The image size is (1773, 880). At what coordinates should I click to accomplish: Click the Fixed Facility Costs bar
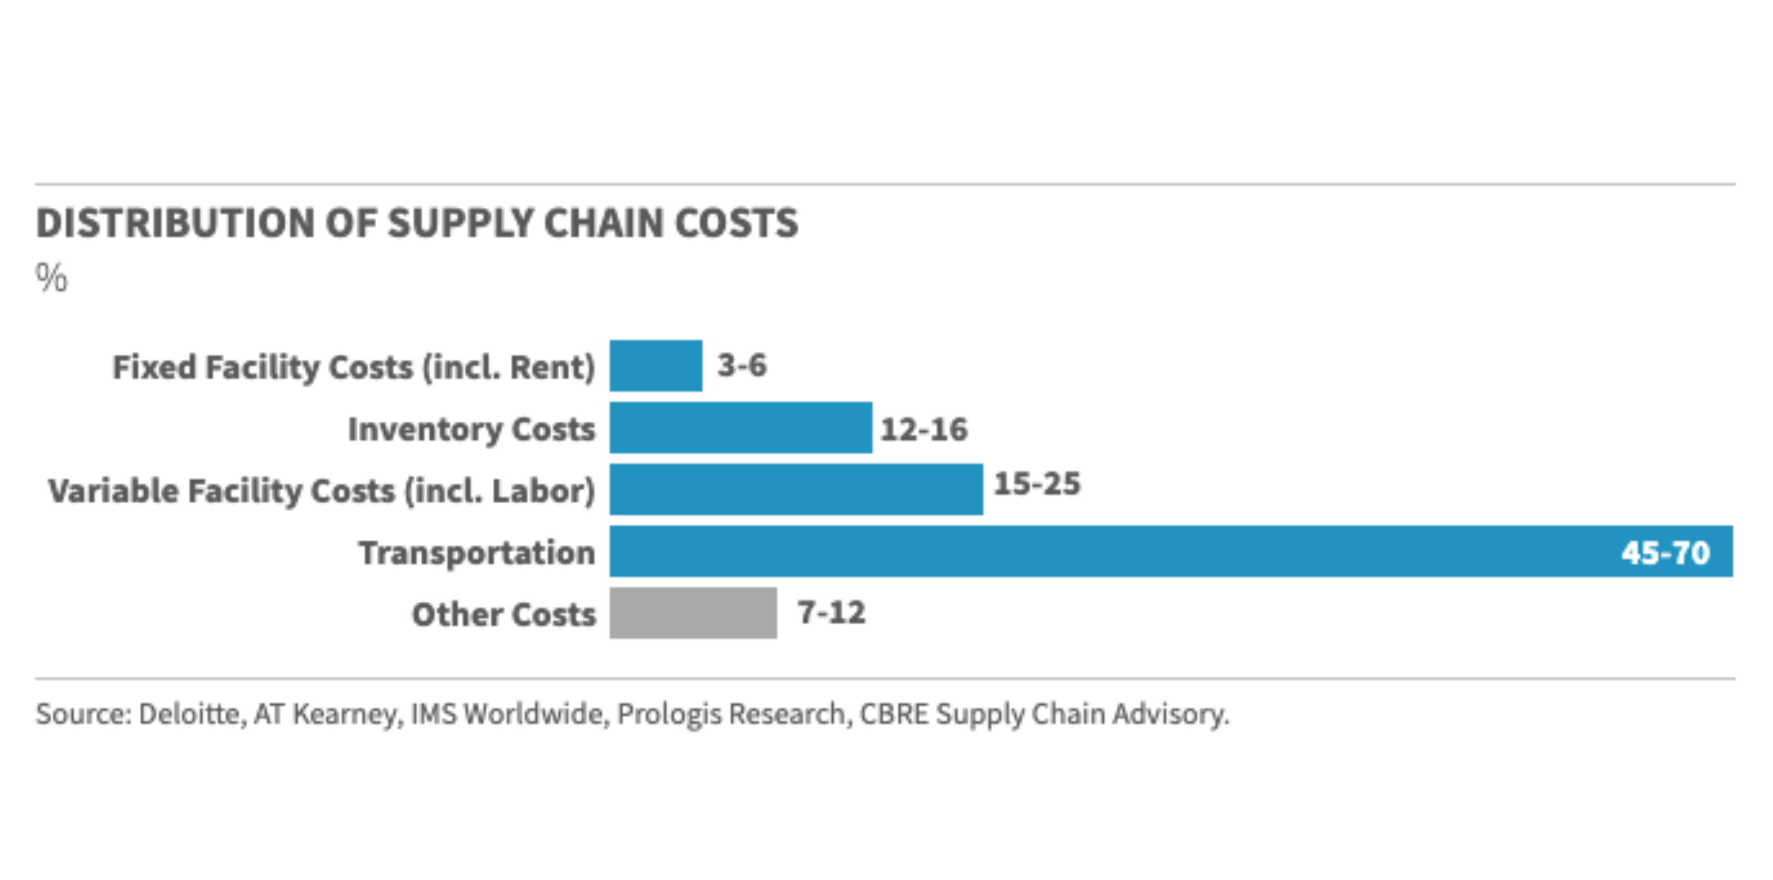coord(656,366)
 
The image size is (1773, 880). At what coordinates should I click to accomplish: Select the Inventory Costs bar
coord(740,428)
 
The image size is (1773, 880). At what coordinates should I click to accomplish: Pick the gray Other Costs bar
coord(693,613)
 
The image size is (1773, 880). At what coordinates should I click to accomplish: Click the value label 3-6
coord(742,365)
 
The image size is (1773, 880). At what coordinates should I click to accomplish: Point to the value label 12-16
coord(923,429)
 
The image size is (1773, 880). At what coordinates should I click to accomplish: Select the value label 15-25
coord(1037,484)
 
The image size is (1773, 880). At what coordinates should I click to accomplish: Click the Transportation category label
coord(477,552)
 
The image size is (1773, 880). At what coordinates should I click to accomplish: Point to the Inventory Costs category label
coord(471,429)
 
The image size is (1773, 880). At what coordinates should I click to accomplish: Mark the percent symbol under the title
coord(52,278)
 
